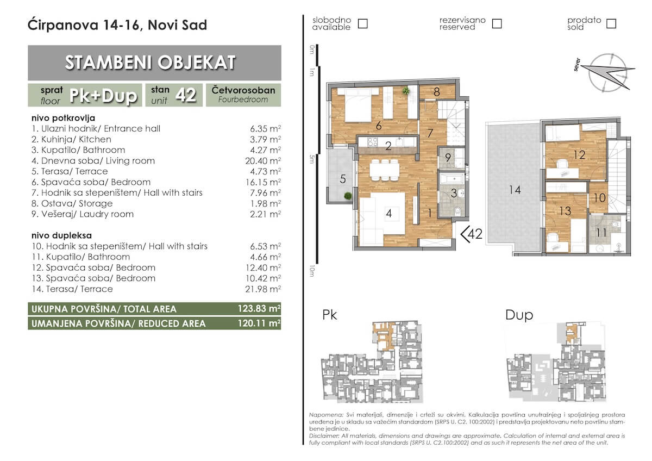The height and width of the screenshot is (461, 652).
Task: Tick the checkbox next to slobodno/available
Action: point(362,23)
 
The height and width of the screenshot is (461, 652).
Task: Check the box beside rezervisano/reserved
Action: point(497,23)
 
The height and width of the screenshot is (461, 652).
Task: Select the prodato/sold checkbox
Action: point(611,23)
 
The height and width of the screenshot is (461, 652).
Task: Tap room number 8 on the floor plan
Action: point(437,92)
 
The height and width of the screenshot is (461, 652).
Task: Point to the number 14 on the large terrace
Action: point(515,190)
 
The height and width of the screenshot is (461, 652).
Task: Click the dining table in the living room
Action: point(384,170)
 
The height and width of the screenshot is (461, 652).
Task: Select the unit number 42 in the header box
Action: point(185,95)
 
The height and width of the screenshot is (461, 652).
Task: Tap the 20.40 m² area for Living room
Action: point(263,161)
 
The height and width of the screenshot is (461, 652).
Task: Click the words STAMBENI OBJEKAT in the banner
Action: point(150,63)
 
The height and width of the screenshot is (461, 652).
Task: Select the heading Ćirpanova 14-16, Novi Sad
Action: point(117,25)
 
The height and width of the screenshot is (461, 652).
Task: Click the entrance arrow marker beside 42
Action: point(465,234)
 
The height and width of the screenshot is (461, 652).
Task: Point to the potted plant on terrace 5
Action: point(348,196)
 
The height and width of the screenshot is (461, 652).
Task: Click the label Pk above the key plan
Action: point(329,315)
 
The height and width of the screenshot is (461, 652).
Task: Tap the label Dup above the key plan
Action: point(519,315)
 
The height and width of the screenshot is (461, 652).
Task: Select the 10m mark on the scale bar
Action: point(312,271)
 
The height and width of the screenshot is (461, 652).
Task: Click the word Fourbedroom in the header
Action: point(243,99)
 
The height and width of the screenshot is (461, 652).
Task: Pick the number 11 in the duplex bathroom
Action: point(601,233)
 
